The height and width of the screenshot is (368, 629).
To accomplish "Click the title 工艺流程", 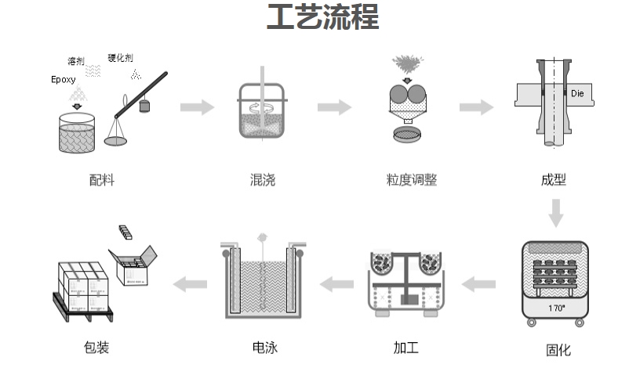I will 322,17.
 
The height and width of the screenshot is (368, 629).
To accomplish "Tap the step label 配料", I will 102,181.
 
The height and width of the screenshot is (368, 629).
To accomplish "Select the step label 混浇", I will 263,181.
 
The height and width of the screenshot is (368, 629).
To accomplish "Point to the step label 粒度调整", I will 412,181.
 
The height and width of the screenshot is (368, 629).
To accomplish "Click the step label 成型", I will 554,180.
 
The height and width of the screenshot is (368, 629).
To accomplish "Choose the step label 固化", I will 558,350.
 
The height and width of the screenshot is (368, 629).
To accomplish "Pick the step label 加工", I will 405,347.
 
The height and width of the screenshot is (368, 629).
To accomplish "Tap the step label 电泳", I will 265,347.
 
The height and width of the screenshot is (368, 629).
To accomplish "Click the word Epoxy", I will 64,80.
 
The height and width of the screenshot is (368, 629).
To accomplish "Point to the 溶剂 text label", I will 76,60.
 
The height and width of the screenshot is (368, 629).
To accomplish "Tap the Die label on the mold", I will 577,93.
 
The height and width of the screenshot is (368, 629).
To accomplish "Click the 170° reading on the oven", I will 557,308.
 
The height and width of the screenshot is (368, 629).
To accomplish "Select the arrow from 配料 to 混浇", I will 197,107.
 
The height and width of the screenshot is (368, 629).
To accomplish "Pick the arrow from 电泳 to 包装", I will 190,283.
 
